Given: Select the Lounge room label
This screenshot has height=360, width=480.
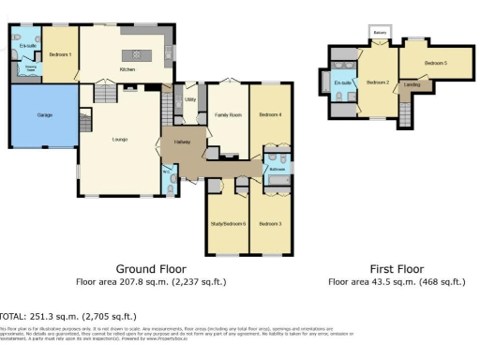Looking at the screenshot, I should [120, 140].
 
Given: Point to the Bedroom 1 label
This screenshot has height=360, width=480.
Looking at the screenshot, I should [62, 54].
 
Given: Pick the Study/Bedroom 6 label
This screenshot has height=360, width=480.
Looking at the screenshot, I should [226, 224].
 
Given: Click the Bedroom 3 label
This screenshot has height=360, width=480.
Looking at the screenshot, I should [271, 224].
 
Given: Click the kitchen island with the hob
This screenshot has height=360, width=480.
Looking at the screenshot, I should [142, 52].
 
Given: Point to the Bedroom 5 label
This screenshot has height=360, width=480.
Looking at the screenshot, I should [434, 63].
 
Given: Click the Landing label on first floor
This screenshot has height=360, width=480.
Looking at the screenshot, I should [411, 84].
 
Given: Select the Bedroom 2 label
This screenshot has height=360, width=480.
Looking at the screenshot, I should [378, 82].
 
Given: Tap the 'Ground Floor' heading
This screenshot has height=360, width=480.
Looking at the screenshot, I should [148, 268].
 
